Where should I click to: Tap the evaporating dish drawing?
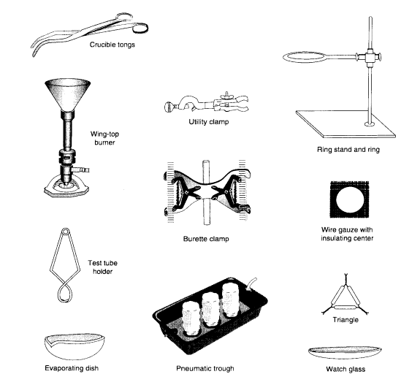pos(72,346)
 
